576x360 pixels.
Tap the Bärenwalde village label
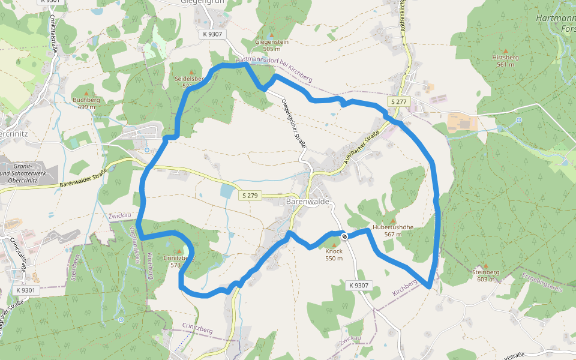pos(308,202)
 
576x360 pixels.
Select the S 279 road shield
pos(250,196)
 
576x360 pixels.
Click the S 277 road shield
pos(398,102)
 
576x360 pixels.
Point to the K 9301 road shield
pos(26,290)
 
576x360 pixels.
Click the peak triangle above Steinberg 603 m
pos(486,265)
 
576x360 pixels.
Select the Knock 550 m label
pos(334,255)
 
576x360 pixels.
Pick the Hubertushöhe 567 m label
pos(393,230)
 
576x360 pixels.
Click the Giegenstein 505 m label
pos(272,45)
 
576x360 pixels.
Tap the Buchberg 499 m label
pos(86,103)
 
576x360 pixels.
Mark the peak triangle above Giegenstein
pos(272,35)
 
